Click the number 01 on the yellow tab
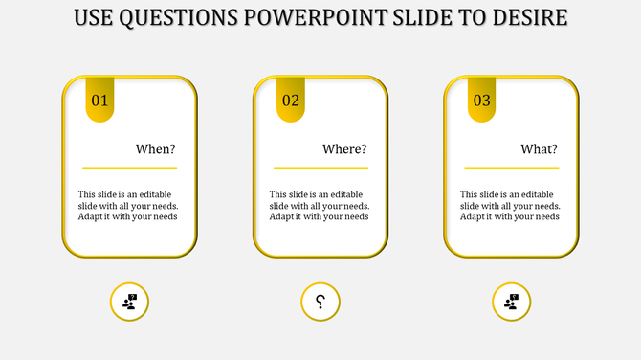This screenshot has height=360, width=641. (99, 101)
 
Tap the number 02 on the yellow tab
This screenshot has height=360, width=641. (291, 101)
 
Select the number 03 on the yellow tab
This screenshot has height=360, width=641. (481, 101)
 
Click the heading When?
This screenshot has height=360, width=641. (155, 149)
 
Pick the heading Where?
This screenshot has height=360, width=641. (344, 149)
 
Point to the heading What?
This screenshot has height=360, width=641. (539, 149)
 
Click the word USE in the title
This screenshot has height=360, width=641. (95, 18)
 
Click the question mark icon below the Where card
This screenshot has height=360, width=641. (320, 303)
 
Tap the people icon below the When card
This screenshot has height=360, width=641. (130, 303)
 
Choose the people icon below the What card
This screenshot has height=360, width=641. (512, 303)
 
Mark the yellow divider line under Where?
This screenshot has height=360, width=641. (320, 169)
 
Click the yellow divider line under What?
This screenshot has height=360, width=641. (510, 169)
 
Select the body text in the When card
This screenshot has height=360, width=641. (128, 205)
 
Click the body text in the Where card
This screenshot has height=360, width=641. (320, 205)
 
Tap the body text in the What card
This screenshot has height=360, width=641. (510, 205)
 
